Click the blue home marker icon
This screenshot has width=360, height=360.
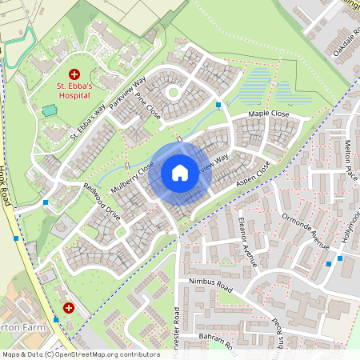[180, 172]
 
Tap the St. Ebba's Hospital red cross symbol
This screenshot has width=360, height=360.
[74, 73]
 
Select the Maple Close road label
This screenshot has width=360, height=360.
[268, 114]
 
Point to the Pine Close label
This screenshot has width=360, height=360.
[148, 106]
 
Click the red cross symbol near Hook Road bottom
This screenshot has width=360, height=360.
[68, 307]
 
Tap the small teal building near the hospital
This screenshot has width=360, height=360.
[50, 110]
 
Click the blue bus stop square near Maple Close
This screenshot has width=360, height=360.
[218, 104]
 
